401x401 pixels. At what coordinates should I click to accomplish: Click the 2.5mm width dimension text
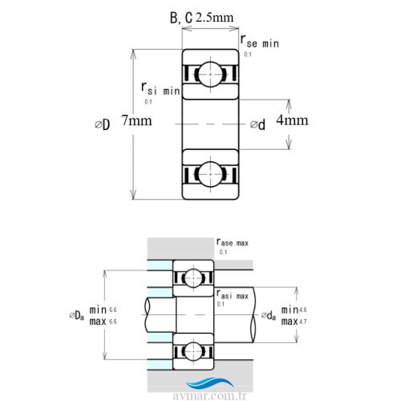tap(214, 16)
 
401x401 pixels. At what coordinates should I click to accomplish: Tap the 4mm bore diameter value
tap(294, 121)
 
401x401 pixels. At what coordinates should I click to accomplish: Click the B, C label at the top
tap(180, 17)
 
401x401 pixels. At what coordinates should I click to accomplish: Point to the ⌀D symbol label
tap(102, 124)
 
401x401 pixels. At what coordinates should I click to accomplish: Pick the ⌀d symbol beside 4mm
tap(257, 124)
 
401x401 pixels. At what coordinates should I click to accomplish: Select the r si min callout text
tap(160, 90)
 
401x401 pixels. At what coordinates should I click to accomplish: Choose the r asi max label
tap(233, 295)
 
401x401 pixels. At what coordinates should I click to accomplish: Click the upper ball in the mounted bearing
tap(192, 277)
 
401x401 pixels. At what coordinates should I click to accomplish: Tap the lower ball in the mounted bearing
tap(192, 349)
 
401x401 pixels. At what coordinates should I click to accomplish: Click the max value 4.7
tap(302, 322)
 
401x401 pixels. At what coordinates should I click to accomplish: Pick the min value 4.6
tap(302, 310)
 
